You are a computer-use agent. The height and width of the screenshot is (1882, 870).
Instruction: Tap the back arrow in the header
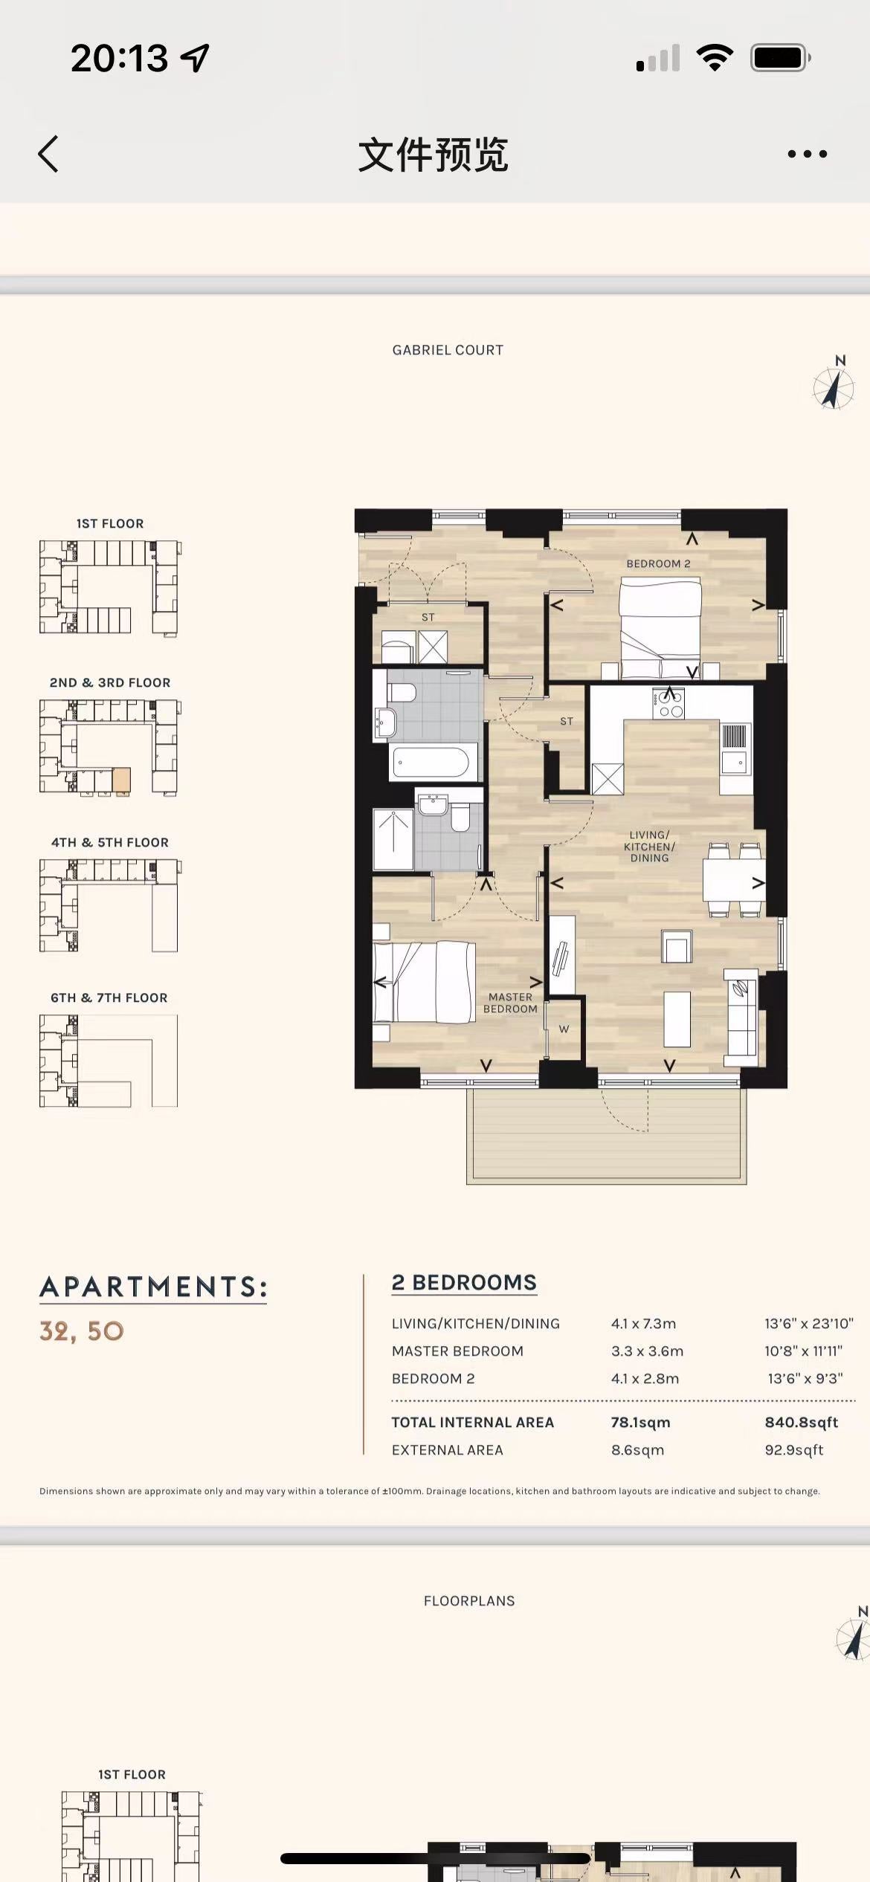pos(48,154)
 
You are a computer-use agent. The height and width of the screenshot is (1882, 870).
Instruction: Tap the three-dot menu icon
pos(807,154)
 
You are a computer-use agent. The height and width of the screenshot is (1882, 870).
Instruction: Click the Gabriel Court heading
pos(448,350)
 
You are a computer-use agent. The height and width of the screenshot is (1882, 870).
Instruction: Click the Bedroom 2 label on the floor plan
pos(658,563)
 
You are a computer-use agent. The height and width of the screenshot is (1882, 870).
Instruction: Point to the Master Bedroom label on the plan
pos(510,1003)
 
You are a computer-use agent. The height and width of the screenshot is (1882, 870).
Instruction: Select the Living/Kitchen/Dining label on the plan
pos(649,847)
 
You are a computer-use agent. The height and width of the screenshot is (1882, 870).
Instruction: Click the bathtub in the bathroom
pos(431,763)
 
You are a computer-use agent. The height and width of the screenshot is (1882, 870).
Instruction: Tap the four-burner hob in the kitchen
pos(668,704)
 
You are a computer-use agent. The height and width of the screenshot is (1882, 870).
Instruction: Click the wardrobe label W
pos(564,1029)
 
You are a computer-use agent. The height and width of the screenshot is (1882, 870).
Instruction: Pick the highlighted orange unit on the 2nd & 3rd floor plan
pos(121,780)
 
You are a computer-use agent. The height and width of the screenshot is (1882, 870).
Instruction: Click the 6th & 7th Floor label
pos(109,997)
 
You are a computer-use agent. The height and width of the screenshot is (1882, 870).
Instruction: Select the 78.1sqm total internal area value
pos(640,1422)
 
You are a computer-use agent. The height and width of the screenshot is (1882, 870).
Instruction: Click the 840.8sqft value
pos(801,1422)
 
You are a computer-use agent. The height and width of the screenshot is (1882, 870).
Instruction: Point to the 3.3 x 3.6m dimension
pos(647,1351)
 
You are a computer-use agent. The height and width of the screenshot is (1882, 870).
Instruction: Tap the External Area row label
pos(447,1449)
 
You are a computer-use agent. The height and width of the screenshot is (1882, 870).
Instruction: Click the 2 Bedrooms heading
pos(464,1282)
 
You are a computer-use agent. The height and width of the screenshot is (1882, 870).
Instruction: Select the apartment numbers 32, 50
pos(82,1331)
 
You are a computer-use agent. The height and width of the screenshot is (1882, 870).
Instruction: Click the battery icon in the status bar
pos(780,57)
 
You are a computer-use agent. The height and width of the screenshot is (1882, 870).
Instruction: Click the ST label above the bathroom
pos(428,617)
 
